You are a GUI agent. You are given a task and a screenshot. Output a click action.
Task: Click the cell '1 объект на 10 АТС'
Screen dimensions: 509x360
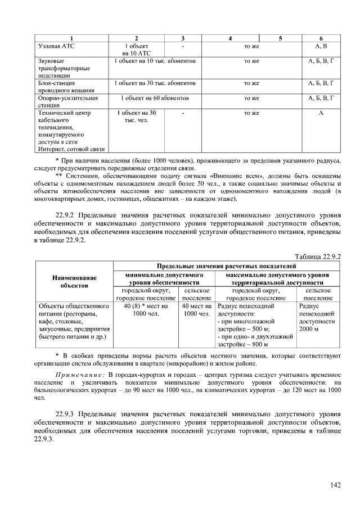137,49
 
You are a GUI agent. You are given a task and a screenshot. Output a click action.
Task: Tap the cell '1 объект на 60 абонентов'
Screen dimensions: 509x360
155,98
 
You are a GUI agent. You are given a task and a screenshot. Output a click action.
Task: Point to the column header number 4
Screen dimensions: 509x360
231,38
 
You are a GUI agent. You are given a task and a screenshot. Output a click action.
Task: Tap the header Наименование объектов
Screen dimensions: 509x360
74,282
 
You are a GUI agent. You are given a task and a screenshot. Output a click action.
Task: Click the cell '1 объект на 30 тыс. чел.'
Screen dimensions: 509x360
137,117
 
